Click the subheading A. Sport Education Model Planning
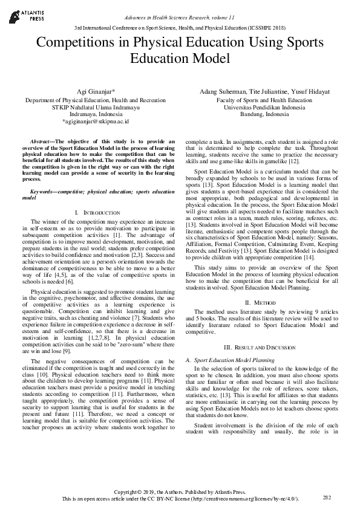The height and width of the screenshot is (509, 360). point(230,360)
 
